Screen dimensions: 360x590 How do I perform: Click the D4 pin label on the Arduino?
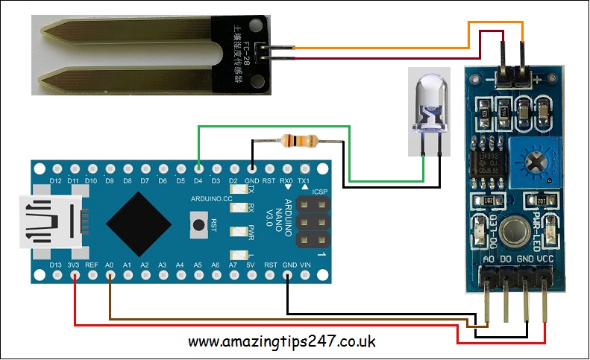(x=198, y=180)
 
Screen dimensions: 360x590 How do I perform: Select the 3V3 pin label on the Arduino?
(x=74, y=265)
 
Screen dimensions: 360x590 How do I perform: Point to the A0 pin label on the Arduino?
(x=110, y=265)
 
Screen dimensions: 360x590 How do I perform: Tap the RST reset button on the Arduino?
(x=199, y=223)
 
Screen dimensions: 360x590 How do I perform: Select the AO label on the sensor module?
(x=489, y=259)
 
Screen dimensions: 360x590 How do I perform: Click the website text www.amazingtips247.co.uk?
(x=282, y=342)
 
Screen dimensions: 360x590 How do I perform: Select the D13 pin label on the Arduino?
(x=55, y=265)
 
